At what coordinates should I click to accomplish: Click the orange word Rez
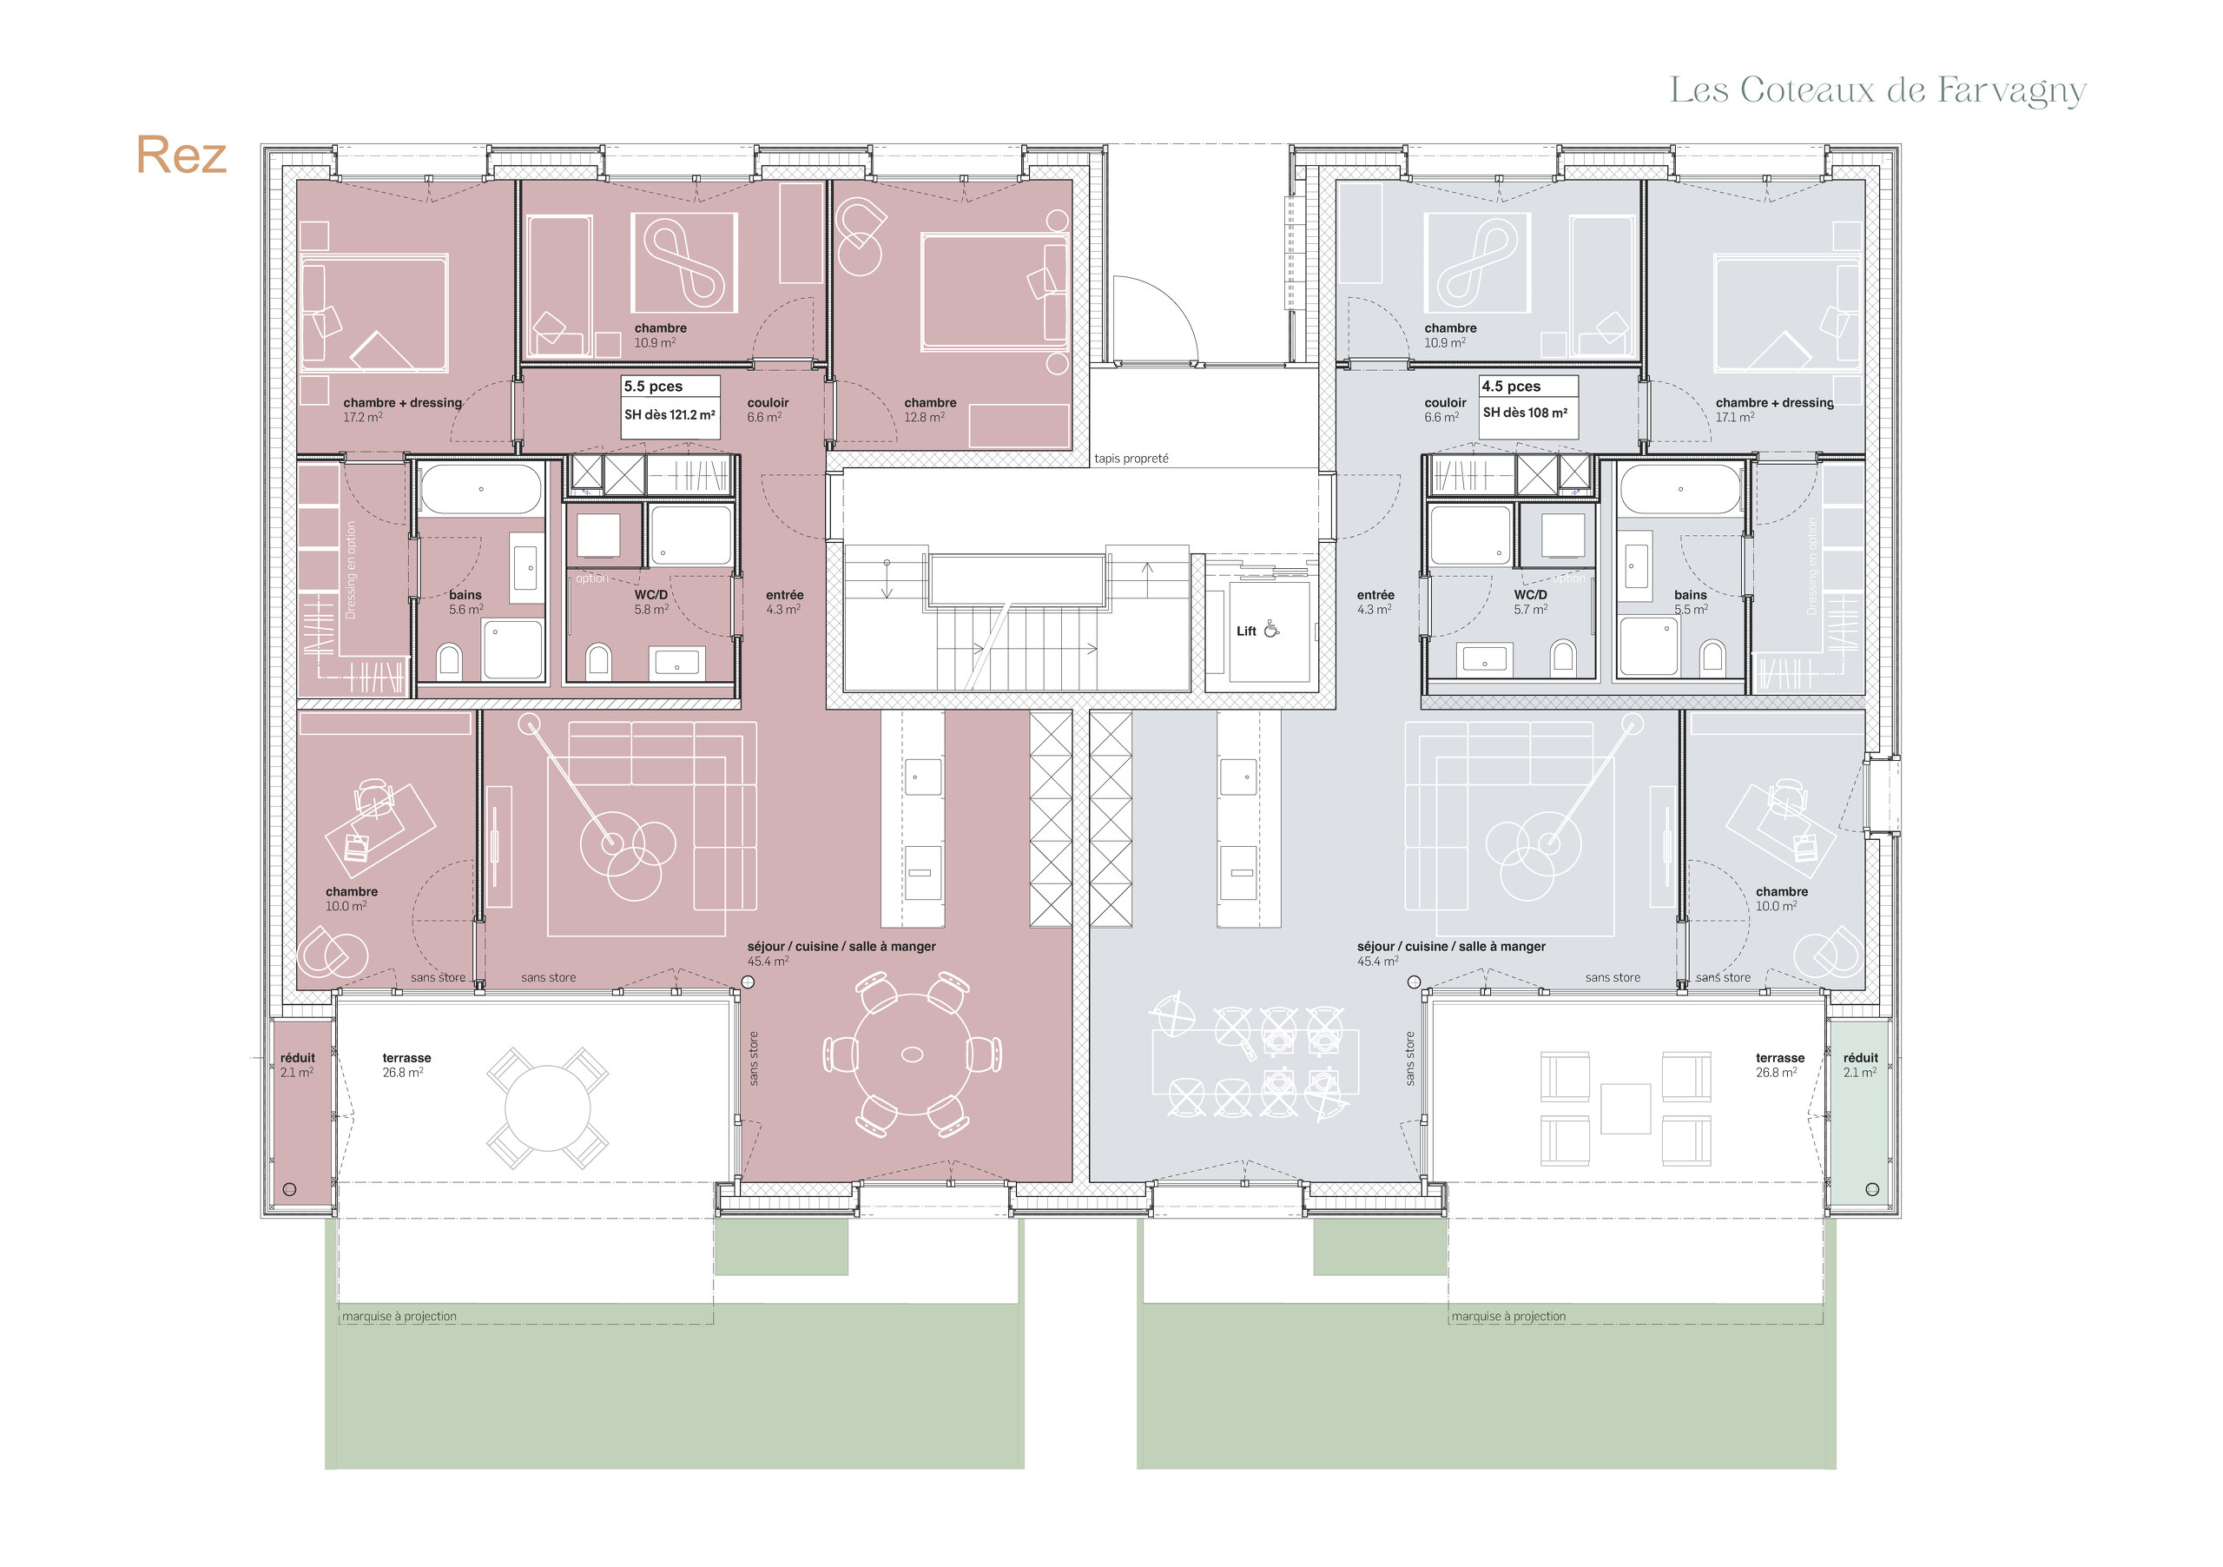tap(181, 155)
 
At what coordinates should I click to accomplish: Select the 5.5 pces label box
tap(670, 407)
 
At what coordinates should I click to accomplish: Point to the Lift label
tap(1246, 631)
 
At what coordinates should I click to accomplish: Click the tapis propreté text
tap(1131, 458)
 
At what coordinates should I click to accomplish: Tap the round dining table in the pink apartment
tap(912, 1054)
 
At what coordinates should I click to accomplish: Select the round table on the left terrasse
tap(547, 1107)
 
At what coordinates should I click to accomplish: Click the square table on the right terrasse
tap(1625, 1108)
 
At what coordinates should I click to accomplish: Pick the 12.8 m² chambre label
tap(929, 410)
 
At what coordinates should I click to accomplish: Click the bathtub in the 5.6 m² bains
tap(481, 490)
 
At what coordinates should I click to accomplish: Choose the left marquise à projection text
tap(399, 1316)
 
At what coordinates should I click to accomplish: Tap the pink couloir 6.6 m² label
tap(767, 410)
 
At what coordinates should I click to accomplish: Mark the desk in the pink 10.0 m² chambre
tap(380, 828)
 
